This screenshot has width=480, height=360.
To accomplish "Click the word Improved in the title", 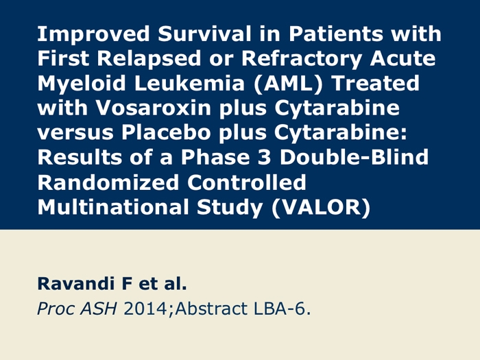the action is (93, 34).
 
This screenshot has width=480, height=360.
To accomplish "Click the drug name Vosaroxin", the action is (154, 108).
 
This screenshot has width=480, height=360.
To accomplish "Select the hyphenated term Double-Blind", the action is (354, 157).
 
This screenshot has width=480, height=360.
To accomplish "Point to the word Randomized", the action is (108, 182).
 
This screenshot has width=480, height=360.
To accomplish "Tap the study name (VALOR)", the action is (321, 208).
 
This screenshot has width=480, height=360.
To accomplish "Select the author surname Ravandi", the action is (75, 283).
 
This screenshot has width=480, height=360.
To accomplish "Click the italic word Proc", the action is (56, 309).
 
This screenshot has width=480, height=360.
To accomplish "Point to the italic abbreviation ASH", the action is (98, 309).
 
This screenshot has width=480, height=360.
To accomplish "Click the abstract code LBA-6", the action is (282, 309).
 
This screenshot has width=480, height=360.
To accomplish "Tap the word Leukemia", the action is (189, 83).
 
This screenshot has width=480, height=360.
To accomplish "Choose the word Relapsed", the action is (149, 59).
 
